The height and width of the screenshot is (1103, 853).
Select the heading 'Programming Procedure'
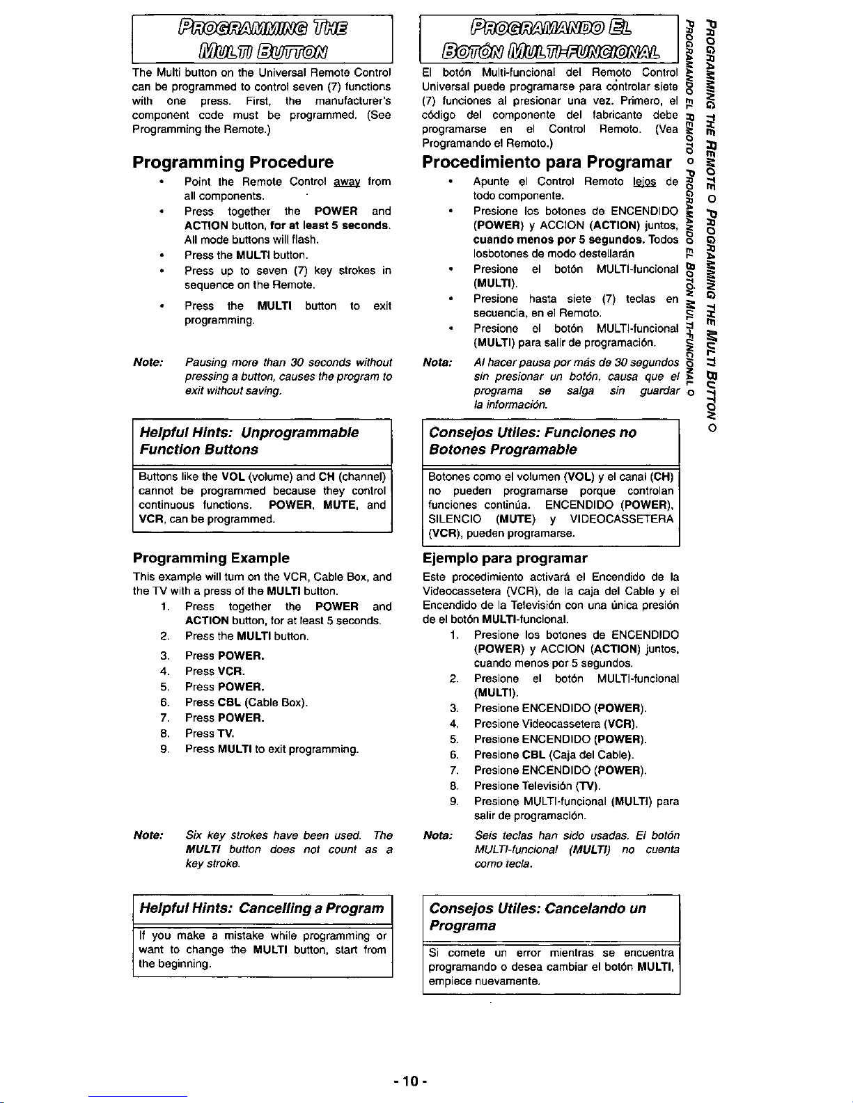[x=233, y=162]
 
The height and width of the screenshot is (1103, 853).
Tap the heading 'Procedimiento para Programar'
[x=547, y=162]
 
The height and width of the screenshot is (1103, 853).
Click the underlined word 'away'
[x=346, y=182]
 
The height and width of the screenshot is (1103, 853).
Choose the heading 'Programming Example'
[x=211, y=558]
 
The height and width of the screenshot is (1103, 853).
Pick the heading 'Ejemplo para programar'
[x=505, y=558]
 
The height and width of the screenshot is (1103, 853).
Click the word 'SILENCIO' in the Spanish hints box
[x=455, y=519]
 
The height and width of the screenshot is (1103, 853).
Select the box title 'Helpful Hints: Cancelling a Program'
[x=262, y=908]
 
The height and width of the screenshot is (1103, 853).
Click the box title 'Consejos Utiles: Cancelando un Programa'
[x=538, y=916]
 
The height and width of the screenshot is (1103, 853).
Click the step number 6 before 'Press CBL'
[x=164, y=702]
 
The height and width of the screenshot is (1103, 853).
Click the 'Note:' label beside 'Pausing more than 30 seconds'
[x=148, y=363]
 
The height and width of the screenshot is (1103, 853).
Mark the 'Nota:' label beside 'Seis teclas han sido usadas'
[x=438, y=835]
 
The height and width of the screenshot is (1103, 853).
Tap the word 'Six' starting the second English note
[x=194, y=835]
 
